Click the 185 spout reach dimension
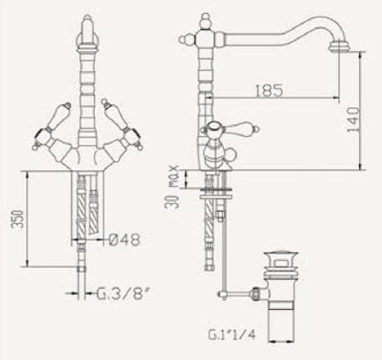click(269, 90)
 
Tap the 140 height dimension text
click(353, 119)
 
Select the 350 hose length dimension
click(17, 219)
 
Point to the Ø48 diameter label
click(125, 240)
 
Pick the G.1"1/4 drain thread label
click(232, 335)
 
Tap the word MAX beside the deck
click(174, 176)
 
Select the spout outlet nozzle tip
click(339, 48)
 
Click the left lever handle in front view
click(53, 126)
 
